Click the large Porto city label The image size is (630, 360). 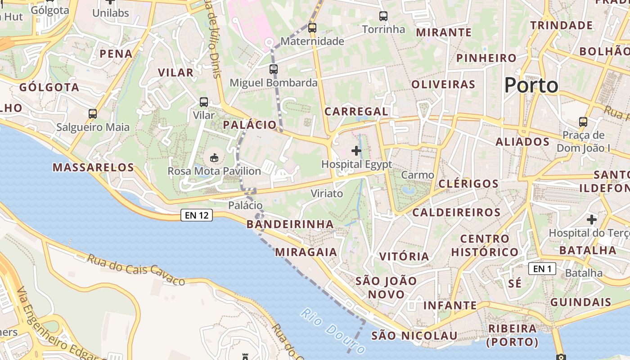click(x=531, y=85)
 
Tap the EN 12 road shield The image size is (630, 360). click(x=197, y=215)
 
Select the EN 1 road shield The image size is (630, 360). click(x=542, y=269)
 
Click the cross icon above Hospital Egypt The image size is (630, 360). click(x=356, y=151)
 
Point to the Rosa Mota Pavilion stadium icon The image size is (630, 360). click(x=214, y=157)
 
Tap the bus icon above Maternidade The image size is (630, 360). click(x=312, y=27)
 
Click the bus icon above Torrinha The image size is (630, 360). click(x=383, y=16)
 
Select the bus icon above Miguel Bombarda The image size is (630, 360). click(x=274, y=69)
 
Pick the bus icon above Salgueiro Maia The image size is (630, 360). click(x=93, y=113)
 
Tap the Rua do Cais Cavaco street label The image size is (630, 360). click(x=136, y=270)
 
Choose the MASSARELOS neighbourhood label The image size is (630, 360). click(x=94, y=168)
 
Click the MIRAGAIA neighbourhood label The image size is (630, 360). click(x=306, y=252)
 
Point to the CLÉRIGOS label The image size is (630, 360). click(x=468, y=184)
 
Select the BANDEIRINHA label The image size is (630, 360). click(x=290, y=224)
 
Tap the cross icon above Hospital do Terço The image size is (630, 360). click(x=592, y=220)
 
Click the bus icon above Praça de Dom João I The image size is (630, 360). click(x=583, y=121)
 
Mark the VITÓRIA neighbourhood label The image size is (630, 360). click(x=404, y=256)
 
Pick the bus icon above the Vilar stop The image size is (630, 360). click(x=204, y=102)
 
